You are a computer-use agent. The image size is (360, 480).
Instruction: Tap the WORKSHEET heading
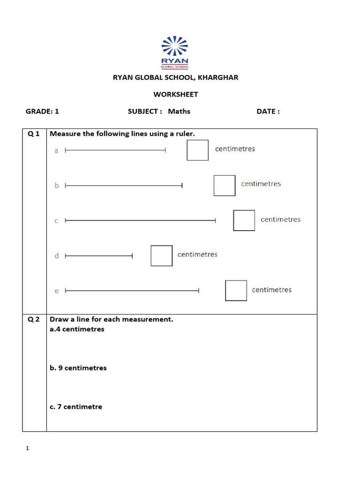pyautogui.click(x=176, y=94)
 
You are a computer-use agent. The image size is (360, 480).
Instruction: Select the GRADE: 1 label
pyautogui.click(x=42, y=112)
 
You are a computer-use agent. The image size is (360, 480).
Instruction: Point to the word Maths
pyautogui.click(x=179, y=112)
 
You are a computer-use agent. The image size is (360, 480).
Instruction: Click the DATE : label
pyautogui.click(x=268, y=112)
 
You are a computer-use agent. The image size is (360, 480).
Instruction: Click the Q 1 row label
pyautogui.click(x=34, y=134)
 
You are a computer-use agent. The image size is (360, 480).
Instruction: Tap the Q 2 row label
pyautogui.click(x=34, y=320)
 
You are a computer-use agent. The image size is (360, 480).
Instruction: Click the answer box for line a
pyautogui.click(x=197, y=150)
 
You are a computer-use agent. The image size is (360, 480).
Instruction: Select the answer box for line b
pyautogui.click(x=225, y=185)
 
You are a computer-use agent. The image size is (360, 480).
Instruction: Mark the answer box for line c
pyautogui.click(x=244, y=220)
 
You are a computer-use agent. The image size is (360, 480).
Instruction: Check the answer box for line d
pyautogui.click(x=162, y=255)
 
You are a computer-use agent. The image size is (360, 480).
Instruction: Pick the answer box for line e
pyautogui.click(x=236, y=291)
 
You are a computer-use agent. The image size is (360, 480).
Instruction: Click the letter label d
pyautogui.click(x=57, y=256)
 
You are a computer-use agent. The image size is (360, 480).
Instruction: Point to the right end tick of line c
pyautogui.click(x=216, y=220)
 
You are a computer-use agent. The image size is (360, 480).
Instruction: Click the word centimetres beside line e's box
pyautogui.click(x=271, y=290)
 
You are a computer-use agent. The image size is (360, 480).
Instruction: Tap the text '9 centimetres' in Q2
pyautogui.click(x=82, y=368)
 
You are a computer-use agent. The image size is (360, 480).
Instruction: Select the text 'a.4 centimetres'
pyautogui.click(x=77, y=329)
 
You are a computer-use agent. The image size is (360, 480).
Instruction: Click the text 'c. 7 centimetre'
pyautogui.click(x=76, y=407)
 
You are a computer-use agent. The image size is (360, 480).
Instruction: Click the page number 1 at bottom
pyautogui.click(x=27, y=449)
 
